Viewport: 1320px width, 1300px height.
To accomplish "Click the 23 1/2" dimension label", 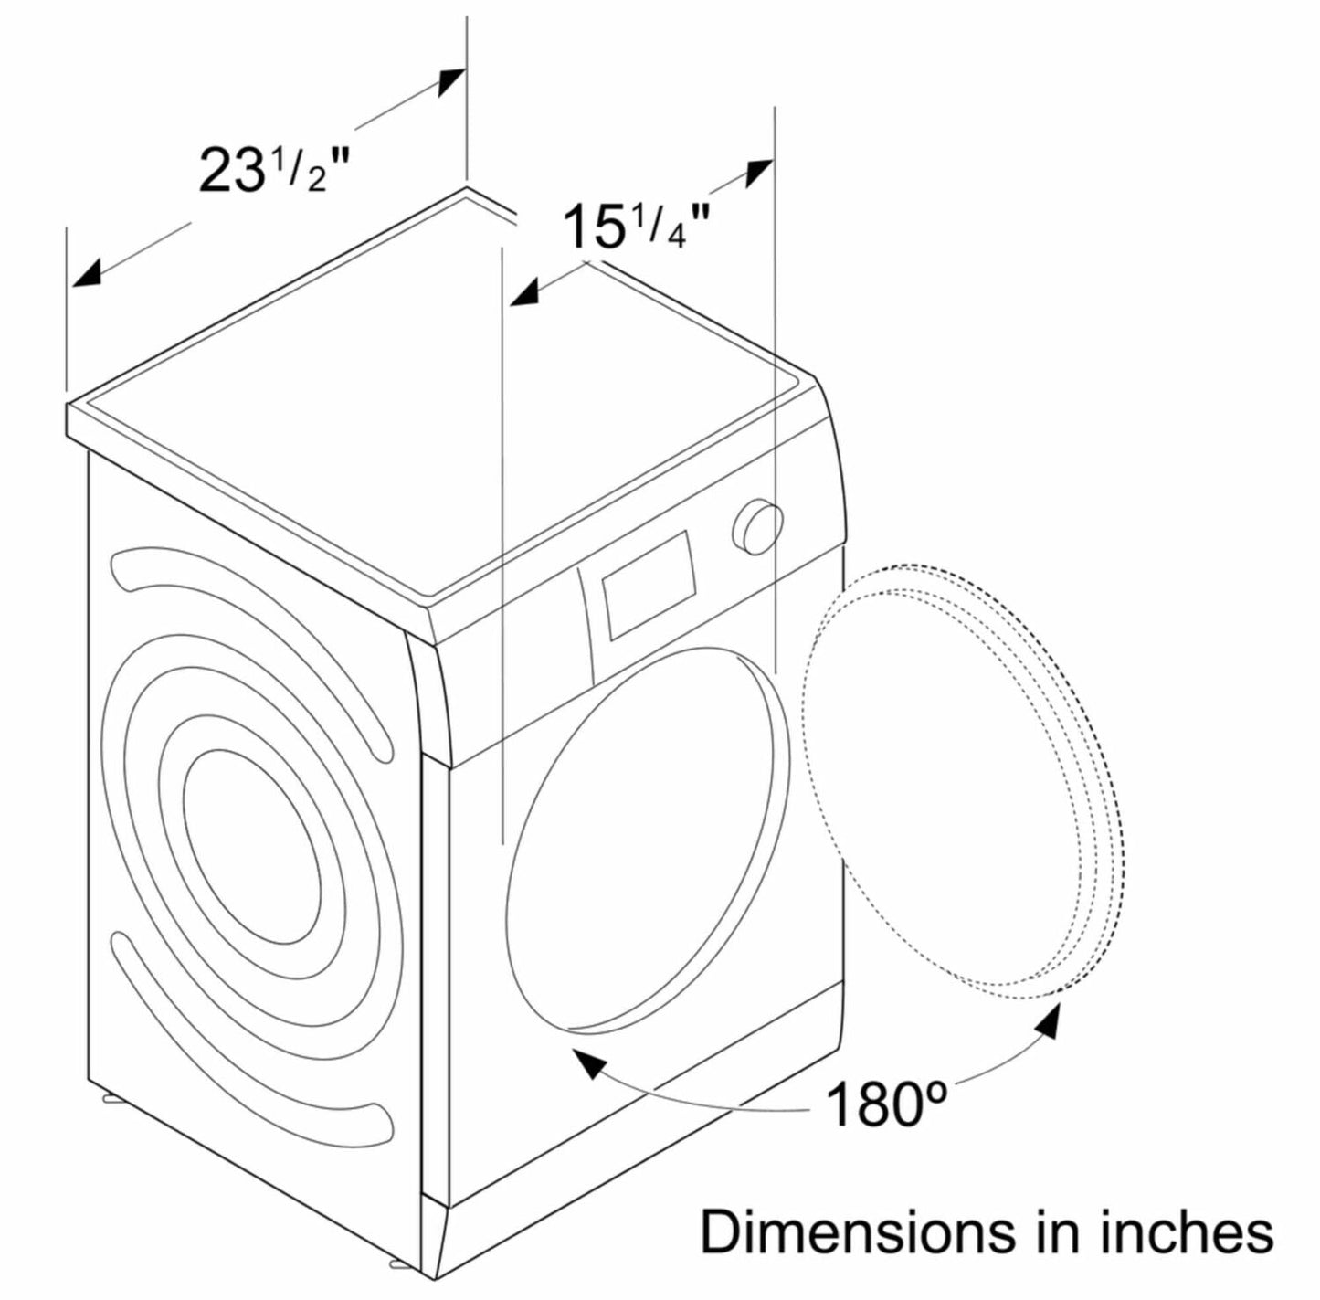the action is [274, 169].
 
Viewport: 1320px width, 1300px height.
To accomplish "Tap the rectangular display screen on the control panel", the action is [648, 585].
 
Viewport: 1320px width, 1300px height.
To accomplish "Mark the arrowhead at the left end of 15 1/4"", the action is [523, 292].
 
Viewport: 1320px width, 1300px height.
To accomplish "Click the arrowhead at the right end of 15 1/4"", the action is [758, 172].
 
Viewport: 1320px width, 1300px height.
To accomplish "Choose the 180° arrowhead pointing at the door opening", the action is [588, 1064].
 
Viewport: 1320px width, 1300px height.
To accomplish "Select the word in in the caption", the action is [1056, 1231].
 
